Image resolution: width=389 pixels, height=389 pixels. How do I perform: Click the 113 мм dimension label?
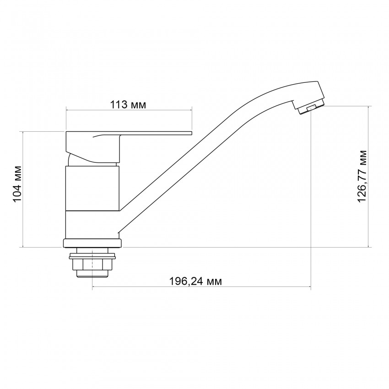pyautogui.click(x=128, y=105)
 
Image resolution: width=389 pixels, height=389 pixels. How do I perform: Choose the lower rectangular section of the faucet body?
pyautogui.click(x=92, y=224)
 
